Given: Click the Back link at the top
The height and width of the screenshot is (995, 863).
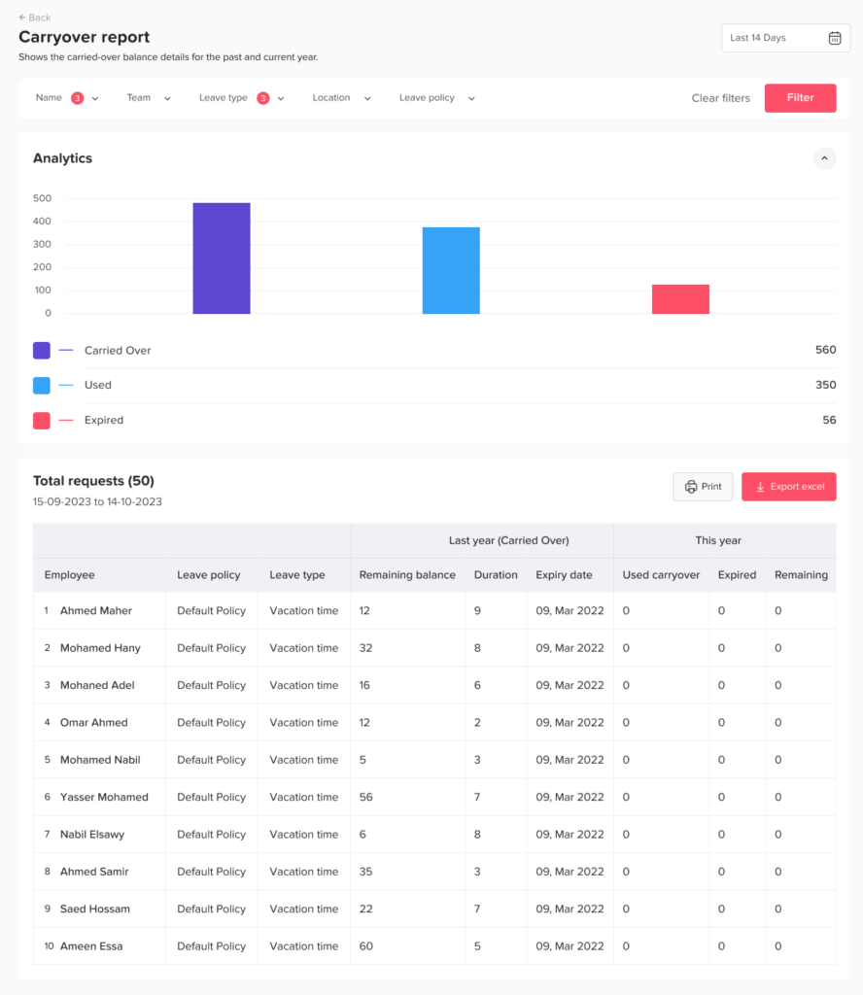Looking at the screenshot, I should pyautogui.click(x=35, y=17).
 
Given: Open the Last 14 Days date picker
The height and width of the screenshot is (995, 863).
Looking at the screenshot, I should pyautogui.click(x=785, y=38).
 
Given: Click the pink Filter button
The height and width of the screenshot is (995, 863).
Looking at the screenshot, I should pyautogui.click(x=800, y=98).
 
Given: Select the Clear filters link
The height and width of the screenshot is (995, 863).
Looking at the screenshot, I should pyautogui.click(x=720, y=98).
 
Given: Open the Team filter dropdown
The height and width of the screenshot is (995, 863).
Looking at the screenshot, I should pyautogui.click(x=149, y=98).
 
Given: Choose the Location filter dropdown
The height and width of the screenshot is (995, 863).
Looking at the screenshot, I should pyautogui.click(x=342, y=98).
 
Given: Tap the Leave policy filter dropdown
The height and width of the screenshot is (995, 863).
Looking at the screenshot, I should pyautogui.click(x=437, y=98).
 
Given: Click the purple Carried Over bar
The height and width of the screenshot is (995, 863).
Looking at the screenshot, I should pyautogui.click(x=222, y=258).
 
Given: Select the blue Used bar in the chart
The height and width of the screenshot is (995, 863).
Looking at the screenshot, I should pyautogui.click(x=451, y=270).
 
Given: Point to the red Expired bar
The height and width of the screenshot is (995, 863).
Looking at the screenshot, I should pyautogui.click(x=680, y=299).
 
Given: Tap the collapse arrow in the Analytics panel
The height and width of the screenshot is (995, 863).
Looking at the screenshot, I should pyautogui.click(x=824, y=158).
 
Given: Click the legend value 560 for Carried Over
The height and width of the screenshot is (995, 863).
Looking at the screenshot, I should pyautogui.click(x=825, y=350).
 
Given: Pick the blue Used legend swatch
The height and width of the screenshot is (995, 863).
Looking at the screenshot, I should pyautogui.click(x=42, y=386).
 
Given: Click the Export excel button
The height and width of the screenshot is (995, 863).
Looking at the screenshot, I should pyautogui.click(x=788, y=487).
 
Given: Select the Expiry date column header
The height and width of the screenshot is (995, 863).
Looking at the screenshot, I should pyautogui.click(x=564, y=575).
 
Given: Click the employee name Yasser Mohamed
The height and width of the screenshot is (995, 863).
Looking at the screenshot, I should pyautogui.click(x=104, y=797).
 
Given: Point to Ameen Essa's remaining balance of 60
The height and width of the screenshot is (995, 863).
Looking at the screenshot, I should pyautogui.click(x=366, y=946).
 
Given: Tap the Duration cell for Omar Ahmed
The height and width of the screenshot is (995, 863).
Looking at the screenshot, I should pyautogui.click(x=478, y=723).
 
